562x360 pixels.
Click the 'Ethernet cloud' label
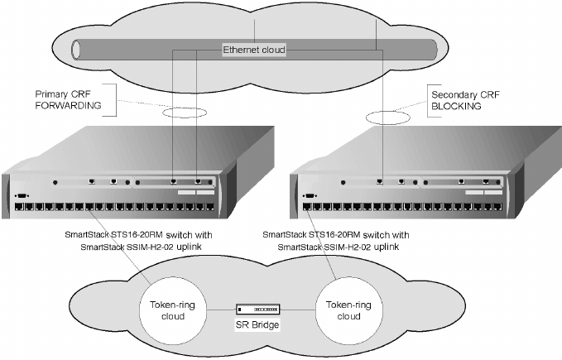point(254,50)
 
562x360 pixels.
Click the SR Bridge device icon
point(257,309)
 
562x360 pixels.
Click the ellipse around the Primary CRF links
point(183,113)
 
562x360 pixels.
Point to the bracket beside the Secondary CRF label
point(427,98)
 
